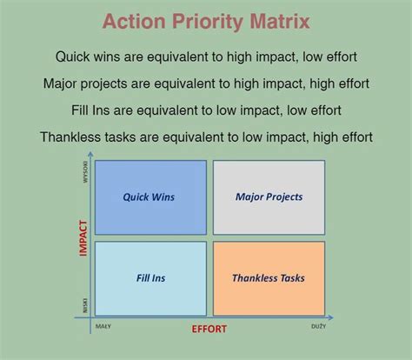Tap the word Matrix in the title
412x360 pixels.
pos(276,22)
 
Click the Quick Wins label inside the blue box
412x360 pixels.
pos(149,197)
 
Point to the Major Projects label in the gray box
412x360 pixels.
pos(269,197)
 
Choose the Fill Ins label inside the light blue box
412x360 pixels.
pos(149,278)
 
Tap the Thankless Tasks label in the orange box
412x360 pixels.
pos(269,278)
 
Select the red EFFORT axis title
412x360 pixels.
pos(210,330)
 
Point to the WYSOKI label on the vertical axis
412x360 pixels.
pos(85,170)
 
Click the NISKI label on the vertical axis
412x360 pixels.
pos(85,306)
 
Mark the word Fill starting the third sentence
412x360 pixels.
pos(83,110)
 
